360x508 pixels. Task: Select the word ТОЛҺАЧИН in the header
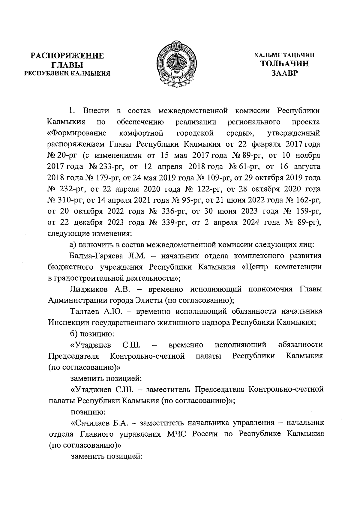284,64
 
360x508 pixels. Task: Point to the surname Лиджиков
87,289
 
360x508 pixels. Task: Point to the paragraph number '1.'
72,111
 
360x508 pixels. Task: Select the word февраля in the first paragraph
268,144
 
